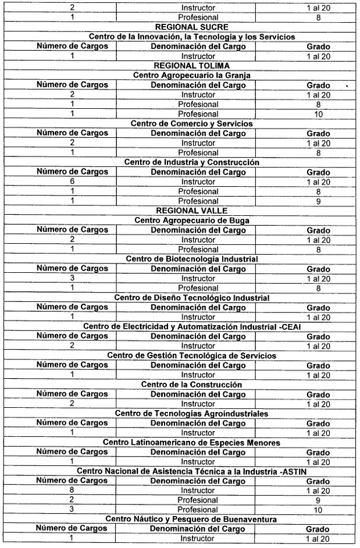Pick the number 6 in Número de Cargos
72,181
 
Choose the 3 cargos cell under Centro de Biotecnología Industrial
72,277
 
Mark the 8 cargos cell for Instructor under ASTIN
72,490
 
